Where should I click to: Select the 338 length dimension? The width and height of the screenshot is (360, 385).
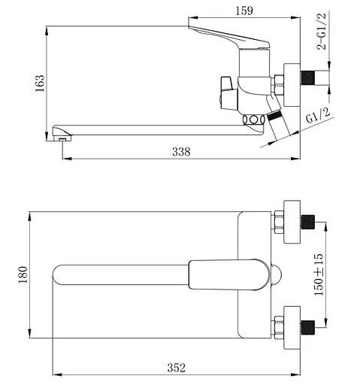pos(180,151)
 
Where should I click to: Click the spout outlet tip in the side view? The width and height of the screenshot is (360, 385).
pos(63,136)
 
